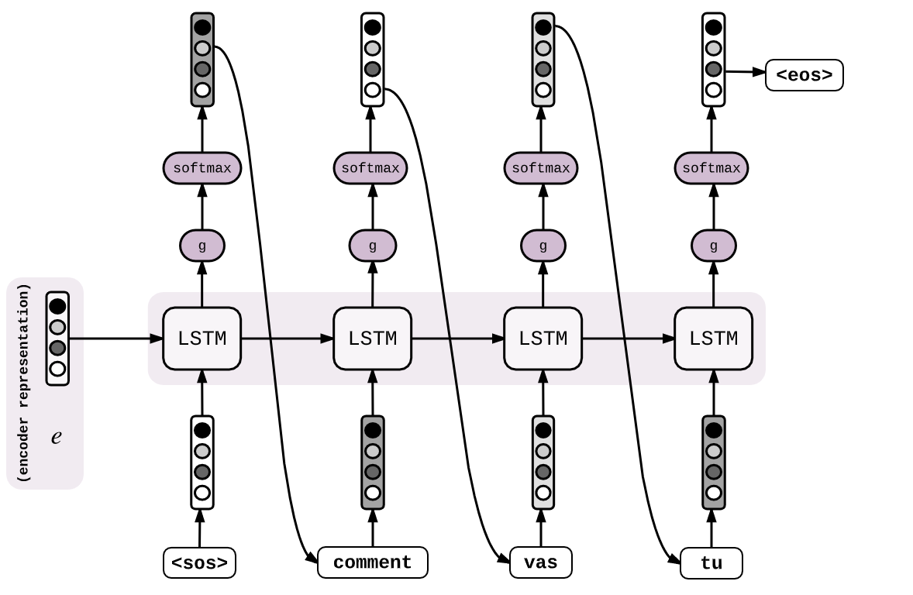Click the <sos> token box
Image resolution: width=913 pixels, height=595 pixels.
pos(199,562)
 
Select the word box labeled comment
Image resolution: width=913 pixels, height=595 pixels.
pos(372,562)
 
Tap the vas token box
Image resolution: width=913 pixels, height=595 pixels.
pos(540,562)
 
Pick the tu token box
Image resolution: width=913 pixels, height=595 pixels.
pos(711,563)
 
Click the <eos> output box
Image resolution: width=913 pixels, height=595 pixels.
pos(804,75)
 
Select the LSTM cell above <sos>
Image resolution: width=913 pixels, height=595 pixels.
pos(202,339)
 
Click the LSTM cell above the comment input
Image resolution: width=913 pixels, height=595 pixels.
pos(372,339)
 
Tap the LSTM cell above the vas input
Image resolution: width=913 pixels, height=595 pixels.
pos(543,339)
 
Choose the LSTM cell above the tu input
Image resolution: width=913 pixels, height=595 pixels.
pos(713,339)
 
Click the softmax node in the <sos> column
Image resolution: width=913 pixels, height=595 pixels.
pos(202,168)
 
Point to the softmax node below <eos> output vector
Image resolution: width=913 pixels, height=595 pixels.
pos(711,168)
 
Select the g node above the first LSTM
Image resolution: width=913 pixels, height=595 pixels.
pos(202,246)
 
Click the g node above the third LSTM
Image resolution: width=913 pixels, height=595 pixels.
pos(543,246)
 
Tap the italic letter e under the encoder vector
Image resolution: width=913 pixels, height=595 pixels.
pos(56,437)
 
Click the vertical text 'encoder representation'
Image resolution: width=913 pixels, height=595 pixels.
pos(24,383)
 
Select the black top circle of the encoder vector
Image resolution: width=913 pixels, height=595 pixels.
pos(57,306)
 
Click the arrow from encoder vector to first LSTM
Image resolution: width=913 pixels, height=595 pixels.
pos(116,339)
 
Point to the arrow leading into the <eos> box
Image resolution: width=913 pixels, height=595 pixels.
pos(745,72)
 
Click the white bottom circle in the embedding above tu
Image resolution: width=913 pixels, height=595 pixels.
pos(713,493)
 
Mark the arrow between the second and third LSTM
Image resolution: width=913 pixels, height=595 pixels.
pos(457,339)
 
